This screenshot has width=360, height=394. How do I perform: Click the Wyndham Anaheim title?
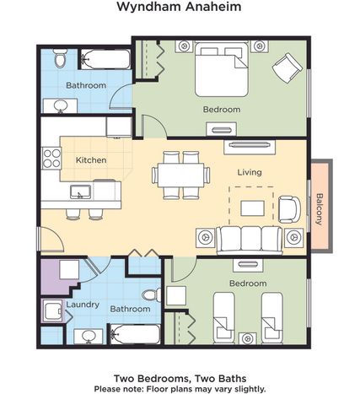click(x=179, y=7)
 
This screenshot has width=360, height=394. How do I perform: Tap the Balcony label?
click(x=320, y=209)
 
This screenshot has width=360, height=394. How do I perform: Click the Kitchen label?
click(x=91, y=160)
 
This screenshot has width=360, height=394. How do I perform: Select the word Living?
click(x=250, y=172)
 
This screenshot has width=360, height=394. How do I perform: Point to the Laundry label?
click(x=83, y=305)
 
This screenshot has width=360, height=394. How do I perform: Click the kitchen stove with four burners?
click(x=51, y=159)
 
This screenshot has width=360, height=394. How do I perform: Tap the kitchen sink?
click(x=80, y=192)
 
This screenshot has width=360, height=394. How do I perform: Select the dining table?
click(x=180, y=175)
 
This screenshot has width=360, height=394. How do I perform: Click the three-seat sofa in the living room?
click(x=250, y=240)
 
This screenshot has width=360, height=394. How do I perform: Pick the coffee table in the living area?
click(x=252, y=208)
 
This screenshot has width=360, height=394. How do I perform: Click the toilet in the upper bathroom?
click(x=60, y=58)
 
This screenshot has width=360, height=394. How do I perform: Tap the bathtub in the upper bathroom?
click(x=105, y=59)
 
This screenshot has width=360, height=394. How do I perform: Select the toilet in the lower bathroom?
click(x=152, y=295)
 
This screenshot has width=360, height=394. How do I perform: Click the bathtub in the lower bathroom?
click(x=135, y=334)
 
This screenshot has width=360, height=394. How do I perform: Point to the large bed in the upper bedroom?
click(x=222, y=69)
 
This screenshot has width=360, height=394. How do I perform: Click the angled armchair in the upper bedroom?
click(x=287, y=68)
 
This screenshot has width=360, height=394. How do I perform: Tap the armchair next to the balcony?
click(x=289, y=210)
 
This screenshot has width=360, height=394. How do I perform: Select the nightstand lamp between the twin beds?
click(x=247, y=338)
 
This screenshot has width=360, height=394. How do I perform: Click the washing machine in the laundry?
click(x=52, y=310)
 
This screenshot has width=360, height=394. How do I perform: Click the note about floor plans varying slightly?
click(x=180, y=389)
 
